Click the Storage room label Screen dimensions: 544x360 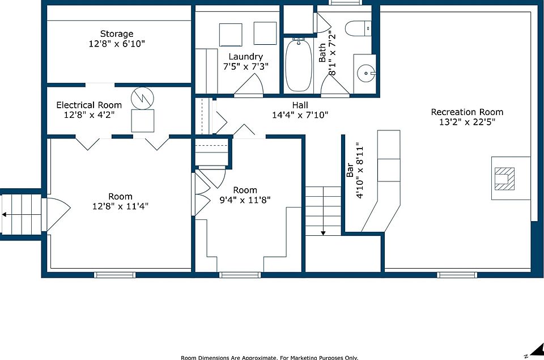pyautogui.click(x=117, y=33)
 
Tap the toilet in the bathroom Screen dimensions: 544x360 pyautogui.click(x=358, y=28)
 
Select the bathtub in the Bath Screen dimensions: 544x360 pyautogui.click(x=299, y=65)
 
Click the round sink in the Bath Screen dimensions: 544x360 pyautogui.click(x=365, y=73)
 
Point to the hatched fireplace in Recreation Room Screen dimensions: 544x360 pyautogui.click(x=504, y=179)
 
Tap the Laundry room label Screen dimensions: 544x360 pyautogui.click(x=245, y=57)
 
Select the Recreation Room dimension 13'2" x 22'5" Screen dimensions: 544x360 pyautogui.click(x=467, y=122)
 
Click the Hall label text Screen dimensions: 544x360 pyautogui.click(x=300, y=105)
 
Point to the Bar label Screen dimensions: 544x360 pyautogui.click(x=350, y=170)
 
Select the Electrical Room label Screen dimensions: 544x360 pyautogui.click(x=89, y=105)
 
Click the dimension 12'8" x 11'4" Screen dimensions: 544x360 pyautogui.click(x=120, y=206)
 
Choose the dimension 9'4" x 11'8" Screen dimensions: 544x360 pyautogui.click(x=245, y=200)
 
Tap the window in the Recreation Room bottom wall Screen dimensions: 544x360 pyautogui.click(x=457, y=275)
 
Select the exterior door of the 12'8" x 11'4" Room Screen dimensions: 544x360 pyautogui.click(x=56, y=214)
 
